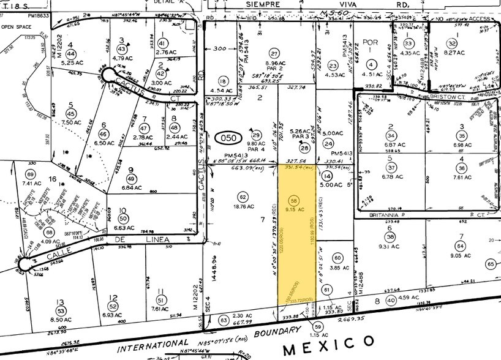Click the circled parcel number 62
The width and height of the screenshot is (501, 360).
[243, 197]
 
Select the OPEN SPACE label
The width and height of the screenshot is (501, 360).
[16, 26]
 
